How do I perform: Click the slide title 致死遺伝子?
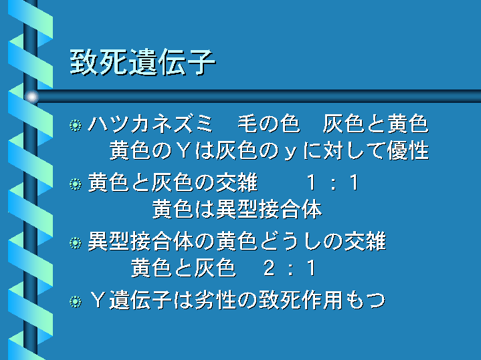tap(142, 63)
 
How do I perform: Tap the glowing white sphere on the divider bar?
tap(31, 97)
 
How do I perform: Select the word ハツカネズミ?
tap(151, 124)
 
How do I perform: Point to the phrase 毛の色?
tap(268, 124)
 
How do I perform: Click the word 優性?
tap(407, 151)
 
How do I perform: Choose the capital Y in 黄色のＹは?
tap(183, 151)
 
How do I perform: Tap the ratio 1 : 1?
tap(332, 183)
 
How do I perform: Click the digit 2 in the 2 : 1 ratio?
tap(269, 268)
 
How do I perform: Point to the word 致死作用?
tap(301, 300)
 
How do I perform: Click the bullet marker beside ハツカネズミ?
tap(76, 126)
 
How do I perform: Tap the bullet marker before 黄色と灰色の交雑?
tap(76, 184)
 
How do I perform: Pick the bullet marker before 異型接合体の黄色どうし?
tap(76, 243)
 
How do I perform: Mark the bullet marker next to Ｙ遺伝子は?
tap(76, 301)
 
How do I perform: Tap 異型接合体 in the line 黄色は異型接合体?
tap(269, 210)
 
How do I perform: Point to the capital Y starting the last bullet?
tap(98, 300)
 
